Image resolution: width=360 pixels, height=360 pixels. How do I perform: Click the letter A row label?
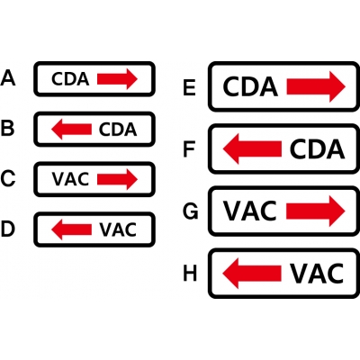click(x=8, y=78)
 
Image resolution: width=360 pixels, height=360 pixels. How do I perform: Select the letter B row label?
click(x=7, y=129)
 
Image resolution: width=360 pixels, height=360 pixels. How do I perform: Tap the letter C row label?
click(x=8, y=179)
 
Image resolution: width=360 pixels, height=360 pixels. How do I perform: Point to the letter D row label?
click(x=8, y=229)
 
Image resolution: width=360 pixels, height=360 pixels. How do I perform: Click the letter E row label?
click(x=190, y=87)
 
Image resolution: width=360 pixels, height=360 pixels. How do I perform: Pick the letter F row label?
click(x=189, y=149)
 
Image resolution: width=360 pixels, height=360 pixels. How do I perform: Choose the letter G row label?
click(x=191, y=211)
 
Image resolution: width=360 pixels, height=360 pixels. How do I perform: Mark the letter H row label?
click(x=190, y=274)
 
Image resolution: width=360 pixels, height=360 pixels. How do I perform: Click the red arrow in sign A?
click(x=117, y=79)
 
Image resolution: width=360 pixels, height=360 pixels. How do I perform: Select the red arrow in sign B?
click(x=71, y=129)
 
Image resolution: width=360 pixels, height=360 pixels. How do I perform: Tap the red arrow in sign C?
click(x=117, y=179)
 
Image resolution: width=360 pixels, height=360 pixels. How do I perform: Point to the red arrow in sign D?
click(x=71, y=229)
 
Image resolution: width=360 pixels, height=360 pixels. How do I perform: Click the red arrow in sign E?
click(x=316, y=86)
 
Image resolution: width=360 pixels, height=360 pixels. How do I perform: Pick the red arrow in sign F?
click(x=252, y=148)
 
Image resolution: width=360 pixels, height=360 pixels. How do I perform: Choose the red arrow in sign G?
click(x=316, y=211)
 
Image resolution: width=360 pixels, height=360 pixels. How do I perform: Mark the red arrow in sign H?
click(x=252, y=274)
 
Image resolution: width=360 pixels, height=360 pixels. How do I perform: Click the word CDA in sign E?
click(x=250, y=86)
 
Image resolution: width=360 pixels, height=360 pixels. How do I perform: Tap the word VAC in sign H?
click(x=317, y=274)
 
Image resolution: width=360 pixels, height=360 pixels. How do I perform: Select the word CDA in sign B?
click(x=118, y=130)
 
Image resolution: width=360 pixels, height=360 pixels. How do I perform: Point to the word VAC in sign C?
click(x=70, y=179)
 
